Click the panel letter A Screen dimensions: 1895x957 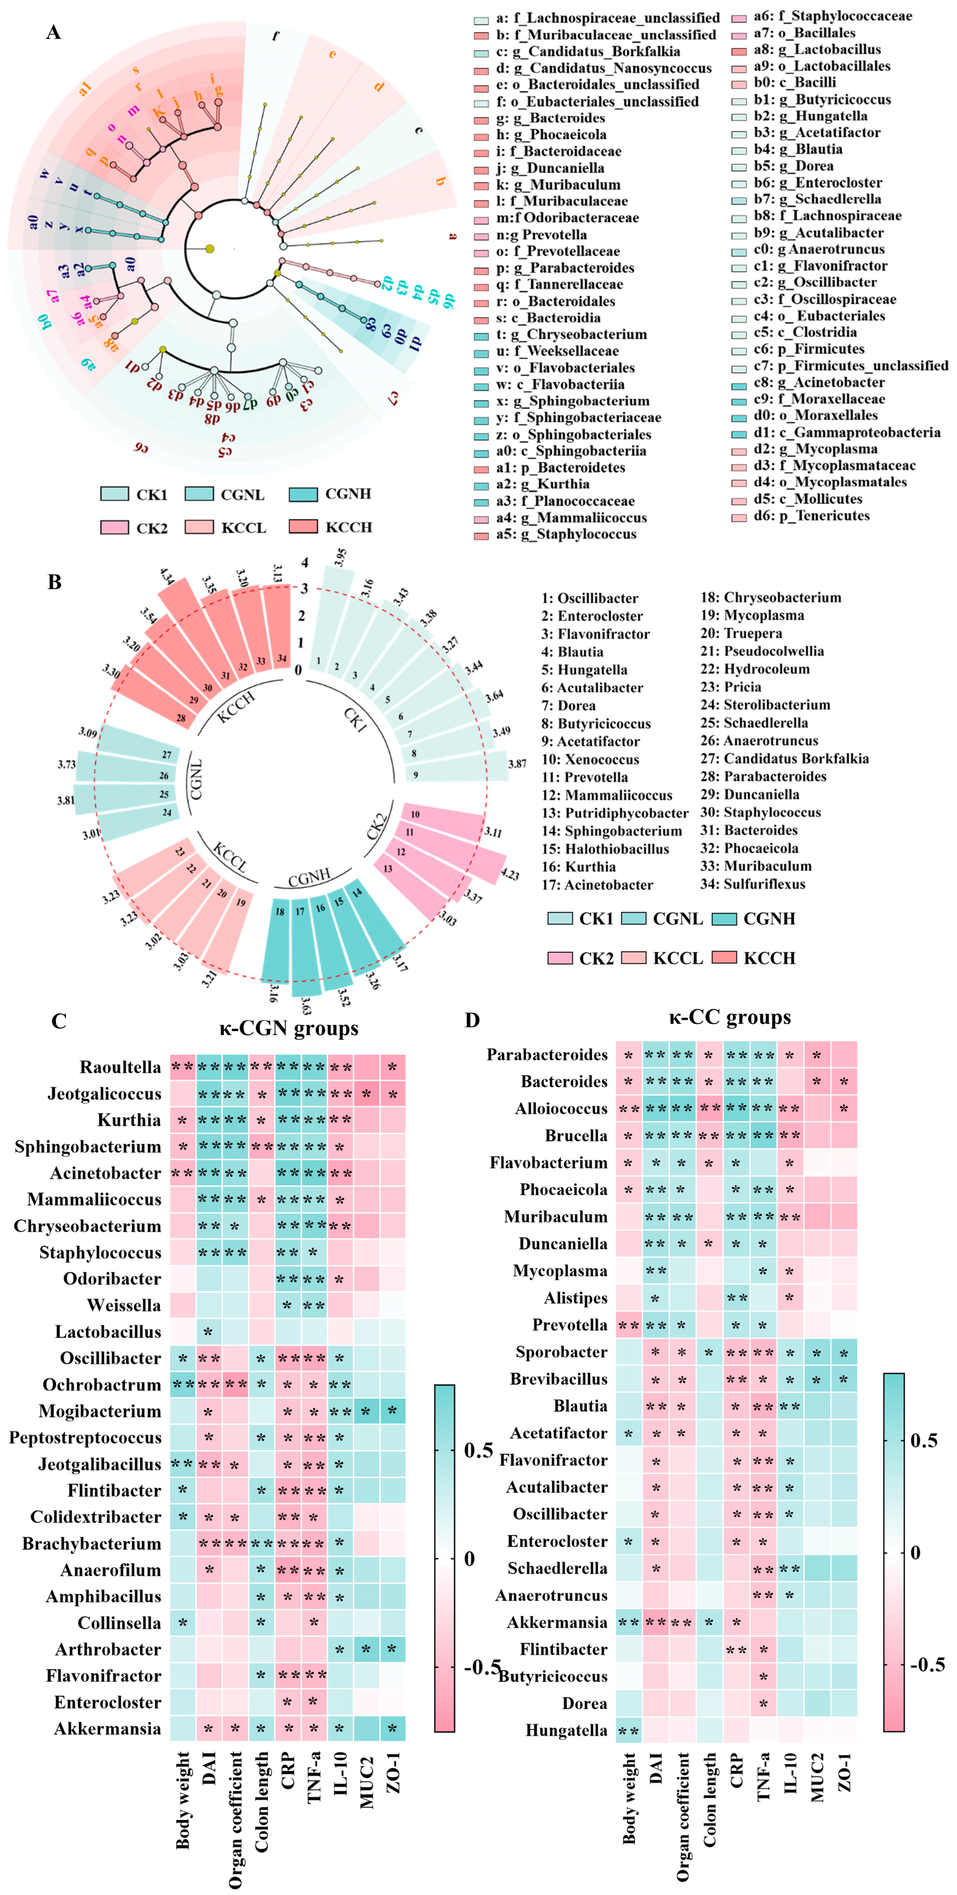[53, 32]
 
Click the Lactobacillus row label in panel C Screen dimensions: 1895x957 [108, 1331]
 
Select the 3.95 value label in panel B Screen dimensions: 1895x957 [340, 557]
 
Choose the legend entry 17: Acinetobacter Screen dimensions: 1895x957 [597, 884]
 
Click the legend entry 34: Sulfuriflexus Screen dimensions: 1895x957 [753, 884]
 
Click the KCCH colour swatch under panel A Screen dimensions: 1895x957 [303, 527]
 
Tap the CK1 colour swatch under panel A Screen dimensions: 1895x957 [115, 494]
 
